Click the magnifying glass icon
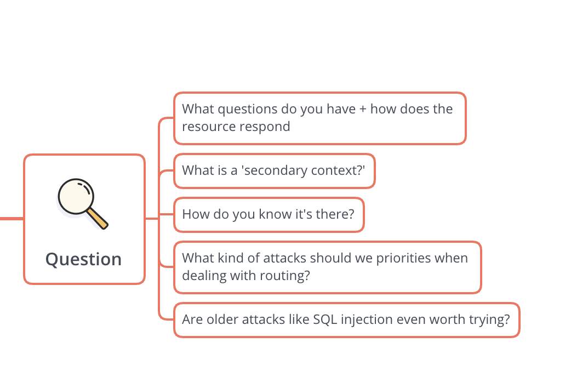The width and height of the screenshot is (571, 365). (83, 204)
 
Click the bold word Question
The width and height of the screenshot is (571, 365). (83, 259)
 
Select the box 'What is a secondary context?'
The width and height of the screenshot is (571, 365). (275, 171)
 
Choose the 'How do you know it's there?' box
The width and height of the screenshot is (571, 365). (269, 214)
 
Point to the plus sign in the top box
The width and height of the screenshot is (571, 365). (363, 109)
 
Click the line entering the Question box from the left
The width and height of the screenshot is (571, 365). (12, 219)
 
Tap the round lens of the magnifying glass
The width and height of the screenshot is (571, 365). (76, 196)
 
